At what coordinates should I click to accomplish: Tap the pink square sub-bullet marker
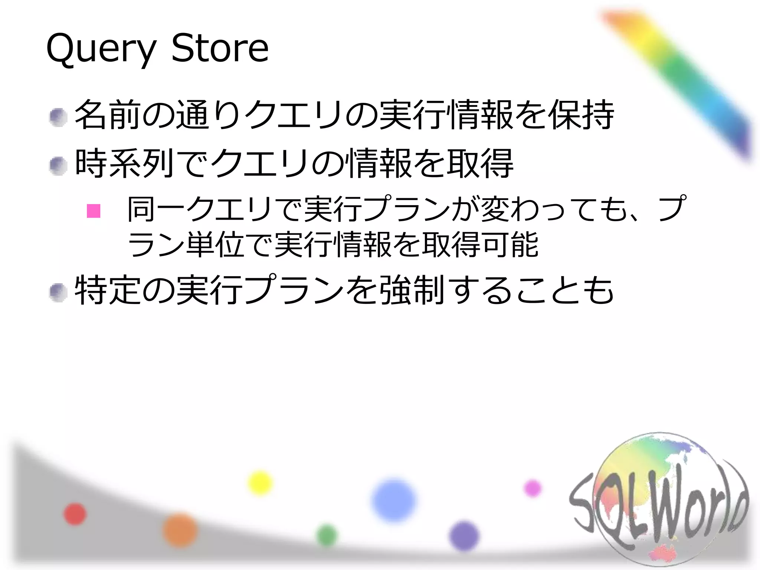pyautogui.click(x=94, y=211)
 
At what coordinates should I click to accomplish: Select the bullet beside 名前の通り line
pyautogui.click(x=58, y=118)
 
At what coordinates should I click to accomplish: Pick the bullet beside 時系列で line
pyautogui.click(x=58, y=166)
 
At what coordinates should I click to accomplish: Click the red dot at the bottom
pyautogui.click(x=75, y=514)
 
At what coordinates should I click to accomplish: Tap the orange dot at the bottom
pyautogui.click(x=180, y=530)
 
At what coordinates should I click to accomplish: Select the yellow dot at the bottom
pyautogui.click(x=260, y=483)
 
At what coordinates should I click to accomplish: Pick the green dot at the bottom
pyautogui.click(x=327, y=535)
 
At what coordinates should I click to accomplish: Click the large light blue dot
pyautogui.click(x=393, y=500)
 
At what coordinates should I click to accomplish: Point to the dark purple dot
pyautogui.click(x=464, y=536)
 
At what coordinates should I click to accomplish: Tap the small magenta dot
pyautogui.click(x=533, y=488)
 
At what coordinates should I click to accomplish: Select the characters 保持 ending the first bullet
pyautogui.click(x=581, y=115)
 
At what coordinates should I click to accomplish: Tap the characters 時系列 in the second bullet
pyautogui.click(x=125, y=163)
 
